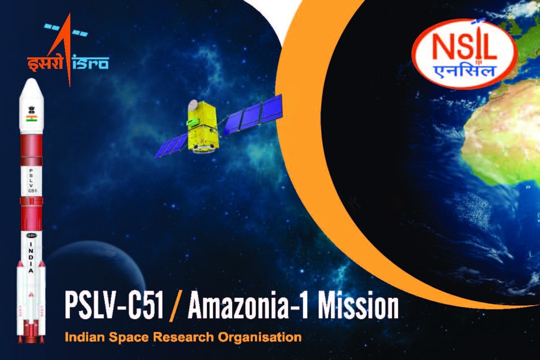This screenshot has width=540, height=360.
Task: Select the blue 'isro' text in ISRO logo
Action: (x=90, y=63)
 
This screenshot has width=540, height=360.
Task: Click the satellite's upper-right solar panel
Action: (x=252, y=115)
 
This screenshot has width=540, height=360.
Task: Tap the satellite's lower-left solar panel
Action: (x=171, y=145)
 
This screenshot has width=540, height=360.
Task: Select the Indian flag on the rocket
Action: (x=31, y=118)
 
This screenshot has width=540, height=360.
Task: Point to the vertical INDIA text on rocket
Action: (x=31, y=257)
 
